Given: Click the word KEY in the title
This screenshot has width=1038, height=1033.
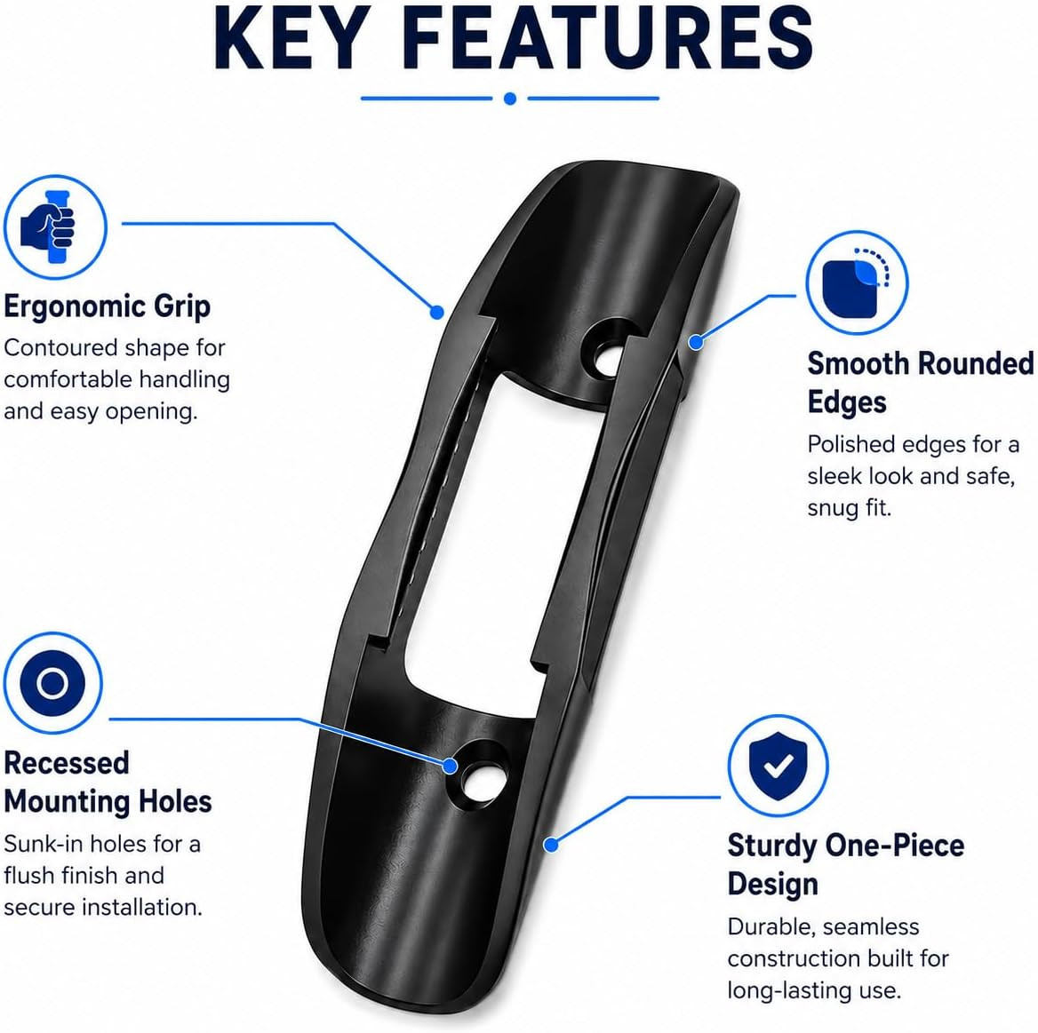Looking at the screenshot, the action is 291,37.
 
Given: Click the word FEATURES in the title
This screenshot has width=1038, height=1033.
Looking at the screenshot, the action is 607,37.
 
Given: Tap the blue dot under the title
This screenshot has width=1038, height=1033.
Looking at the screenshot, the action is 510,99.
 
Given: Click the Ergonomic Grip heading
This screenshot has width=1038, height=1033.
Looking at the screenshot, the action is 108,306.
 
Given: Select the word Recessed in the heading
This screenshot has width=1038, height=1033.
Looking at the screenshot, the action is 66,763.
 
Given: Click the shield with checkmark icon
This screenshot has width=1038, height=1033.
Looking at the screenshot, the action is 778,766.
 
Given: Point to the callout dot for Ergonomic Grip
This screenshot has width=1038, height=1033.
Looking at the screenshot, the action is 437,313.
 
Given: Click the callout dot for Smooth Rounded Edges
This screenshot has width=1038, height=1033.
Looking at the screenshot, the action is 695,343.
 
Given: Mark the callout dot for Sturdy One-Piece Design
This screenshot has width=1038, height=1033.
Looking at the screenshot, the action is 551,845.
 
